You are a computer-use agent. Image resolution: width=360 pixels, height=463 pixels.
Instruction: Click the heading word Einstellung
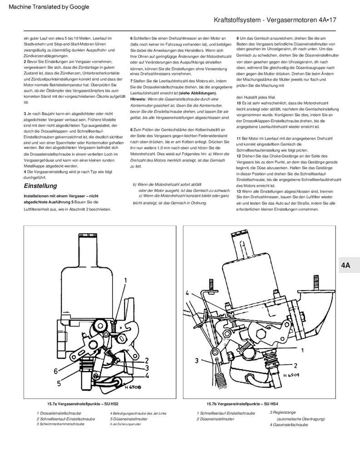click(x=40, y=186)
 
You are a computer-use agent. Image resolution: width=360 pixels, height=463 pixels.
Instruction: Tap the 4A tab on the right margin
click(x=345, y=265)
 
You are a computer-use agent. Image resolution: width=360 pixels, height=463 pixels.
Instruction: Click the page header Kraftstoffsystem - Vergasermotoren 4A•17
click(x=275, y=20)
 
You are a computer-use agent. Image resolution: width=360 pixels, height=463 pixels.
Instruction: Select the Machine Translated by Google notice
click(x=49, y=7)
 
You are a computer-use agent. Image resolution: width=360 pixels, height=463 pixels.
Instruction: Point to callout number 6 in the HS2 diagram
click(x=55, y=371)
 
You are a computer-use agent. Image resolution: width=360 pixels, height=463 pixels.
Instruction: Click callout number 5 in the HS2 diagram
click(x=59, y=383)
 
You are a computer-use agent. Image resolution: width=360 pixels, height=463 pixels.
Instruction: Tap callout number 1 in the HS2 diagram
click(x=125, y=280)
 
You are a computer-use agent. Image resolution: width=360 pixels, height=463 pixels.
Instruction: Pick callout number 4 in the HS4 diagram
click(x=187, y=293)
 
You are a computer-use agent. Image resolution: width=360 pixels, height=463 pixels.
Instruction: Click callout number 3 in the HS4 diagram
click(x=197, y=360)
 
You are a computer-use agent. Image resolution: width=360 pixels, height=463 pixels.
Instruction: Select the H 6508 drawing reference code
click(x=133, y=387)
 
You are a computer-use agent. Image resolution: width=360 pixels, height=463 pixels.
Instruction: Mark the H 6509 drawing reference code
click(x=291, y=375)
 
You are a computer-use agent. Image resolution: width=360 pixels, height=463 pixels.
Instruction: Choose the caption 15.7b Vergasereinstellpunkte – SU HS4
click(x=242, y=404)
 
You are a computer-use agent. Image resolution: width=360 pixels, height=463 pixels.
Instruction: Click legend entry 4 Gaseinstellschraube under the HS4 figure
click(x=289, y=424)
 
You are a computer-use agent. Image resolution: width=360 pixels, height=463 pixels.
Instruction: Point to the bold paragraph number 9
click(x=237, y=38)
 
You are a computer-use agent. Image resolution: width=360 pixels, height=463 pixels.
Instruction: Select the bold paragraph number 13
click(x=239, y=192)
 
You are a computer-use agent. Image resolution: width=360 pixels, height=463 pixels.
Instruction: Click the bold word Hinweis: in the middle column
click(x=138, y=99)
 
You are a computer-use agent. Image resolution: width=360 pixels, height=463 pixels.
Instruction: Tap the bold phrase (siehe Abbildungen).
click(x=198, y=93)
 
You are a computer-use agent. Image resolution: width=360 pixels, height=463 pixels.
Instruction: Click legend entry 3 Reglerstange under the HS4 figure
click(x=283, y=413)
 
